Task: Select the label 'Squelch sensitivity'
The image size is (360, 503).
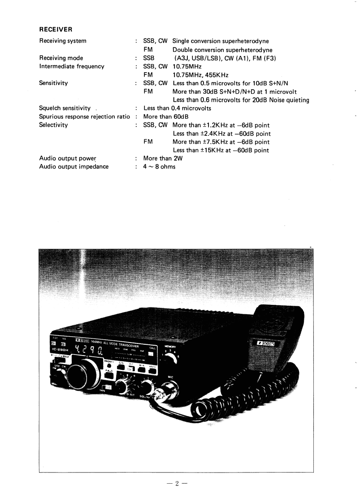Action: pos(65,108)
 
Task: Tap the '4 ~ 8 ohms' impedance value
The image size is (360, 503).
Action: pos(159,167)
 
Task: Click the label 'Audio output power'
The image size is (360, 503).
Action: pos(68,158)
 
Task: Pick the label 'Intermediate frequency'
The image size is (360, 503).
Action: pos(72,66)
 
